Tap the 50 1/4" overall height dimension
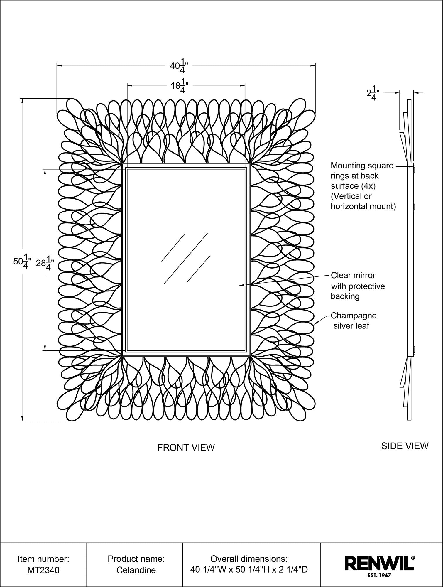[20, 261]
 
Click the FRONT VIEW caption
[186, 447]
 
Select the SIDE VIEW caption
[405, 446]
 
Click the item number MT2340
[43, 570]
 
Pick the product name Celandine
[136, 570]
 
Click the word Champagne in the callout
[354, 316]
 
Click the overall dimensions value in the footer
[249, 570]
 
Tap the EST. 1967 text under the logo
[379, 576]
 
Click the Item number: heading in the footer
[43, 559]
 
